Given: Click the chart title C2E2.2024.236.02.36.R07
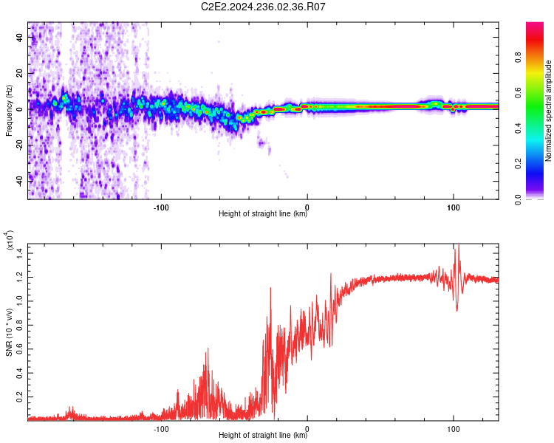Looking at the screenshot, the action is [263, 7].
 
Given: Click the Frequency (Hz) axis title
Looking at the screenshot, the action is [9, 111].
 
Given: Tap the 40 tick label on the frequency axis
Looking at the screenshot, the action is [20, 38].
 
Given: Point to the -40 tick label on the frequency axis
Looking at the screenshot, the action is [20, 182].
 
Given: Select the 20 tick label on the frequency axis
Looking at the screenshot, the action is [20, 74].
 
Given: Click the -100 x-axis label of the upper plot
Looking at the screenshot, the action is [161, 207].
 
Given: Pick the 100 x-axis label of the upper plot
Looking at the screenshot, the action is [454, 207].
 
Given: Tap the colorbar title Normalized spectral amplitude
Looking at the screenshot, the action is [548, 111].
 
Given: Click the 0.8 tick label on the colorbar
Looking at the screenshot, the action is [518, 58].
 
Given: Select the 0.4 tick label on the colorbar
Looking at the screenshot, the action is [518, 128].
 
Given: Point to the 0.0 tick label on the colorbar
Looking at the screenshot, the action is [518, 200].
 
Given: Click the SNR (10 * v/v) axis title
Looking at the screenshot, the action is [9, 332].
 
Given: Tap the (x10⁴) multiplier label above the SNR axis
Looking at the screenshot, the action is [10, 240].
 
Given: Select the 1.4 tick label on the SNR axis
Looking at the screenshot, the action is [20, 253].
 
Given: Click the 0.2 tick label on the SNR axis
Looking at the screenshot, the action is [20, 396].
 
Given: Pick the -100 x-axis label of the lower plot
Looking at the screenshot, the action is [161, 429].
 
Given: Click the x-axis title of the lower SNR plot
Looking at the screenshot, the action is [263, 435].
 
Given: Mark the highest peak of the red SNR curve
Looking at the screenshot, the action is [459, 244].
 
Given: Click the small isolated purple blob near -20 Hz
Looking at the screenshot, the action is [261, 143].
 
